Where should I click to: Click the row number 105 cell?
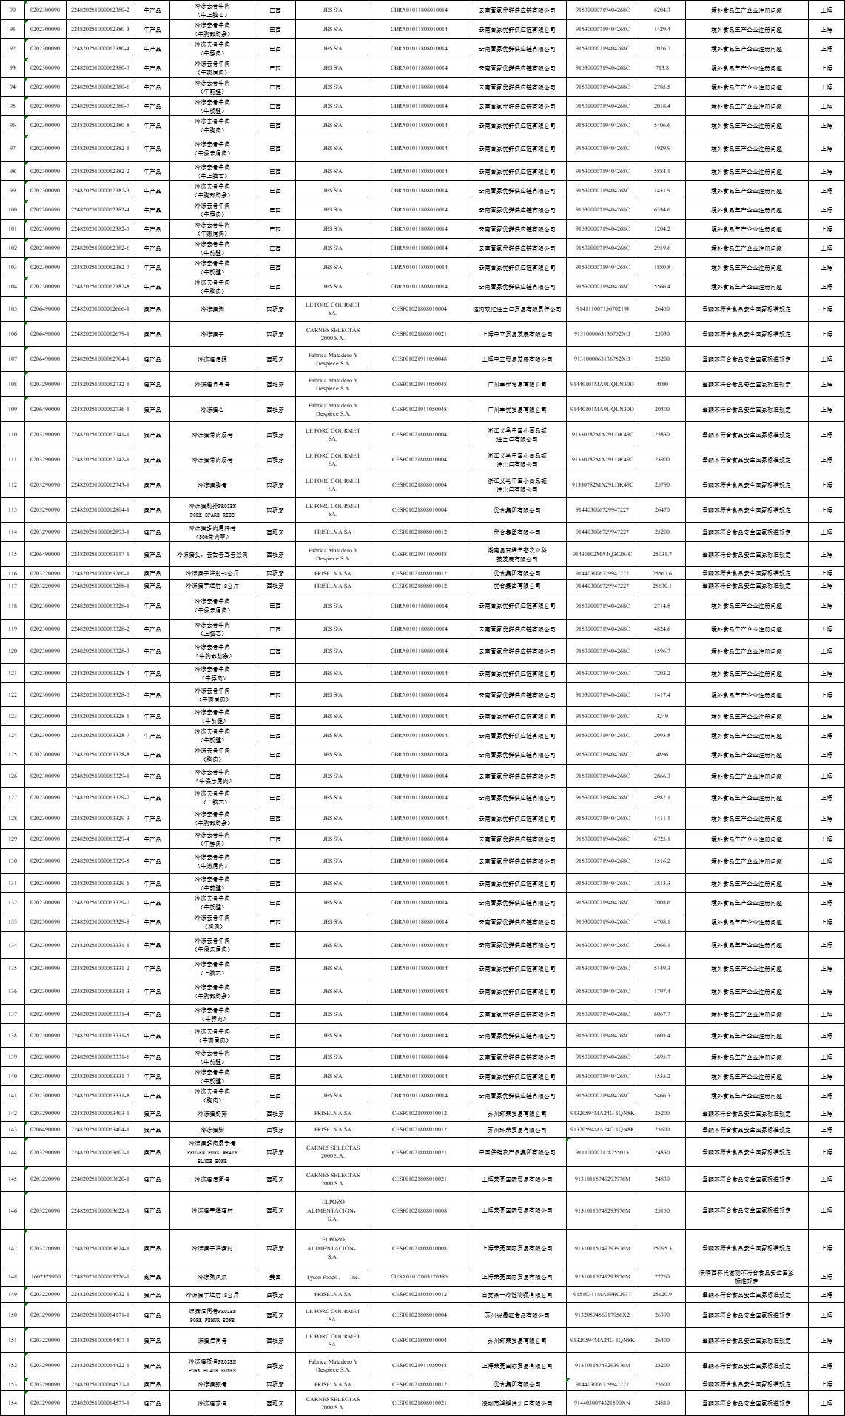coord(13,308)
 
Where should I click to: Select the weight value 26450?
coord(662,308)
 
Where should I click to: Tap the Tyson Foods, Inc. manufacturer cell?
coord(332,1276)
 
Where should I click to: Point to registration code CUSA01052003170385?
coord(419,1276)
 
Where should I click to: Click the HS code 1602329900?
coord(45,1276)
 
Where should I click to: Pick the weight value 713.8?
coord(662,68)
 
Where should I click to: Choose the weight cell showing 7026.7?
coord(662,49)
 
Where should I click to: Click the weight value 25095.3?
coord(662,1248)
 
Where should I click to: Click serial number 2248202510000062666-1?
coord(100,308)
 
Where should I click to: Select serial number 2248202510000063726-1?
coord(100,1276)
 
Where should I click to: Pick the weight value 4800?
coord(662,385)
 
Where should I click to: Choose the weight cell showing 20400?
coord(662,410)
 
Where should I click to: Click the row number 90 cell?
coord(13,10)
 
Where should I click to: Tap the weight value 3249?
coord(662,717)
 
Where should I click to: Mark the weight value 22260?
coord(662,1276)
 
